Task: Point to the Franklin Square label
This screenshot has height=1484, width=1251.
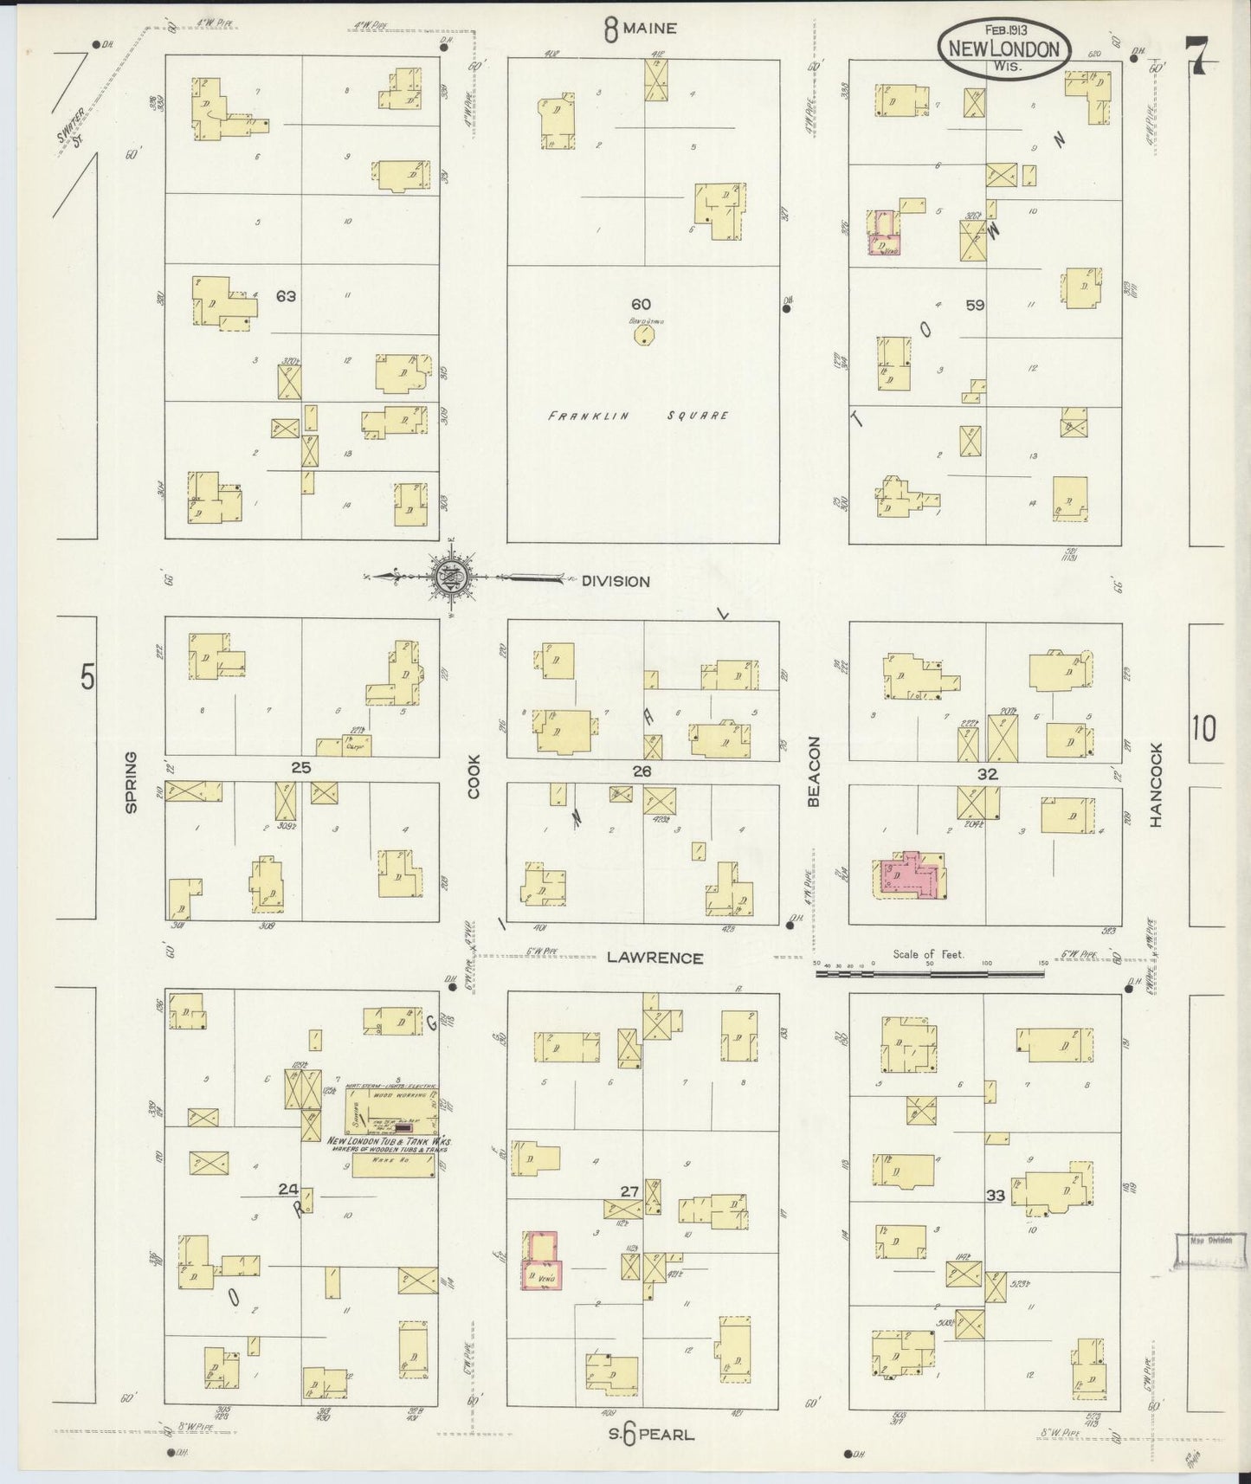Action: [x=638, y=416]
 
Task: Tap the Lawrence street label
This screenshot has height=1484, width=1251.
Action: [x=654, y=958]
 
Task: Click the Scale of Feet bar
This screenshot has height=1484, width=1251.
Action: [x=930, y=973]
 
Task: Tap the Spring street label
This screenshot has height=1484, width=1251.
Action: [x=132, y=782]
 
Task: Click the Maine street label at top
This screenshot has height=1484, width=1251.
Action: [x=641, y=29]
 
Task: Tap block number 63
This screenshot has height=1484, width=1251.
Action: [x=286, y=296]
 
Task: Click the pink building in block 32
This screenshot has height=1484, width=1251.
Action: [x=910, y=876]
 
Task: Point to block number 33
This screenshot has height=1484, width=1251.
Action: [x=995, y=1196]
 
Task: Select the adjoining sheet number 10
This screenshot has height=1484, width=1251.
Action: [x=1203, y=729]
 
